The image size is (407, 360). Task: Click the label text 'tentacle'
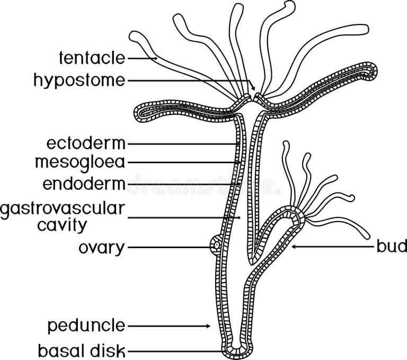click(92, 57)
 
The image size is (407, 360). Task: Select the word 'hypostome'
click(79, 80)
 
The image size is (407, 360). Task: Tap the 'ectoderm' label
click(86, 143)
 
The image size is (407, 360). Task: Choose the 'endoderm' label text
click(84, 184)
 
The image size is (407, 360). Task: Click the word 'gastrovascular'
click(63, 208)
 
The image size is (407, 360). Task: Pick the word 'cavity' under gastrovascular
click(62, 225)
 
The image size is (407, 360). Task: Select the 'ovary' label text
click(101, 248)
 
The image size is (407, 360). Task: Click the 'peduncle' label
click(86, 325)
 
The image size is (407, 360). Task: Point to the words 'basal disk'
click(82, 350)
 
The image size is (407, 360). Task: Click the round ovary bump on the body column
click(216, 246)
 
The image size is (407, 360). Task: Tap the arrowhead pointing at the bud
click(294, 247)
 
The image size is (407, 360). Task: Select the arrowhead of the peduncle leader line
click(208, 326)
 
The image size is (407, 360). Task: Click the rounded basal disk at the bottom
click(232, 350)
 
